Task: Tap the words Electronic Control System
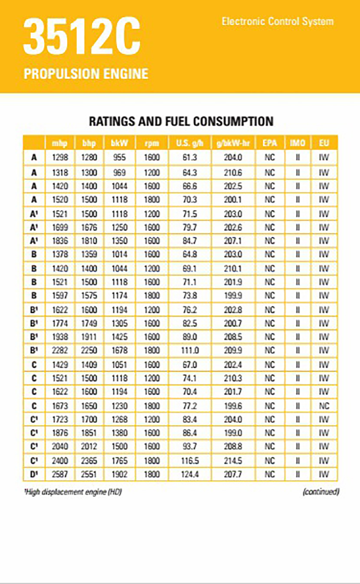tap(278, 21)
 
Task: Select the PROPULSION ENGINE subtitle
tap(86, 73)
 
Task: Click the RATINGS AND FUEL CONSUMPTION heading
tap(181, 121)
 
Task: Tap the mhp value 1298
tap(60, 157)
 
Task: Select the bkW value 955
tap(119, 157)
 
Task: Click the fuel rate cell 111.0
tap(190, 351)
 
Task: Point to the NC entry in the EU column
tap(324, 406)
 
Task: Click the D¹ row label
tap(34, 474)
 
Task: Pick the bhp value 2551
tap(90, 474)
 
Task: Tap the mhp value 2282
tap(60, 351)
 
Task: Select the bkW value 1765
tap(119, 460)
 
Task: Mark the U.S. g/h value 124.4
tap(190, 474)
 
